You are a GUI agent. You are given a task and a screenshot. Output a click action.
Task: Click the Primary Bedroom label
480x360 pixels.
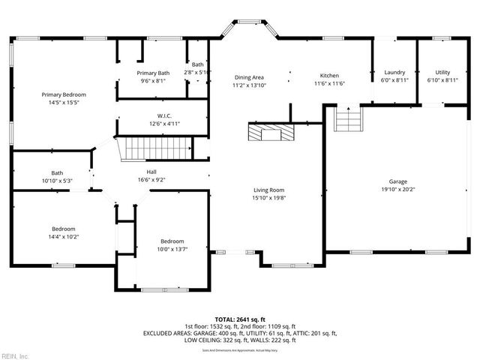[x=64, y=94]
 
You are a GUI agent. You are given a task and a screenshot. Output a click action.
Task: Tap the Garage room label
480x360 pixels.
[x=397, y=181]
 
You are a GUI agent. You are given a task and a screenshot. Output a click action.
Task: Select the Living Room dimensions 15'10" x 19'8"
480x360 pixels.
[x=269, y=199]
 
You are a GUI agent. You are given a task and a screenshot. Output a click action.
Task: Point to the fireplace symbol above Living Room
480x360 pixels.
[x=268, y=133]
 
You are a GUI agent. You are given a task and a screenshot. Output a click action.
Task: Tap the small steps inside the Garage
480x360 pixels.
[x=348, y=118]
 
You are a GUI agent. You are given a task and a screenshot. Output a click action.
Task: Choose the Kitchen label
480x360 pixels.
[x=330, y=76]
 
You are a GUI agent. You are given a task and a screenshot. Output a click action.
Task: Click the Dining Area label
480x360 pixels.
[x=249, y=77]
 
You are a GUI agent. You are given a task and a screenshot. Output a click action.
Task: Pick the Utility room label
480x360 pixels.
[x=442, y=73]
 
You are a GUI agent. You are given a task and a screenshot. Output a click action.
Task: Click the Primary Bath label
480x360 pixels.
[x=153, y=73]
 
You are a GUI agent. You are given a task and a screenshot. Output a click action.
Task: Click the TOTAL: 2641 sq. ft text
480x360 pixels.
[x=239, y=319]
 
